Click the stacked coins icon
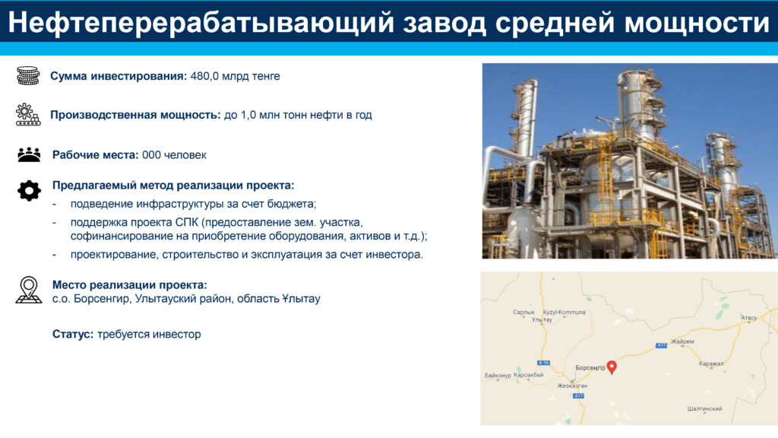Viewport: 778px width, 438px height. (28, 75)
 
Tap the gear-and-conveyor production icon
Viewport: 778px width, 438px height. (28, 115)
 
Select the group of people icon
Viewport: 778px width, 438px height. (29, 154)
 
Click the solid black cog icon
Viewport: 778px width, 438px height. (30, 191)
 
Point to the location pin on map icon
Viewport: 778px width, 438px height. (29, 290)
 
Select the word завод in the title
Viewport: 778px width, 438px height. (444, 23)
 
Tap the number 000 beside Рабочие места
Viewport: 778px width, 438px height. (151, 155)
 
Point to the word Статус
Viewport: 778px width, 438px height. (73, 335)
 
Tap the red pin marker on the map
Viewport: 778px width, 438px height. (612, 367)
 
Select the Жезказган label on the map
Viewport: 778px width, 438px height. (572, 386)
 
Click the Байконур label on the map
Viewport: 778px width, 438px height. (498, 376)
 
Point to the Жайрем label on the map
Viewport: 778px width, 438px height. (683, 341)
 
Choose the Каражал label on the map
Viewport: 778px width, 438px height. (711, 364)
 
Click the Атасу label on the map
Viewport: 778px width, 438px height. (748, 318)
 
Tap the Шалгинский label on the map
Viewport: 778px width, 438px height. (704, 409)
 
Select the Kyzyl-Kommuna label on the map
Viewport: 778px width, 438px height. (565, 313)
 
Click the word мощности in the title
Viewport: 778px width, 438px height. (697, 23)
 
